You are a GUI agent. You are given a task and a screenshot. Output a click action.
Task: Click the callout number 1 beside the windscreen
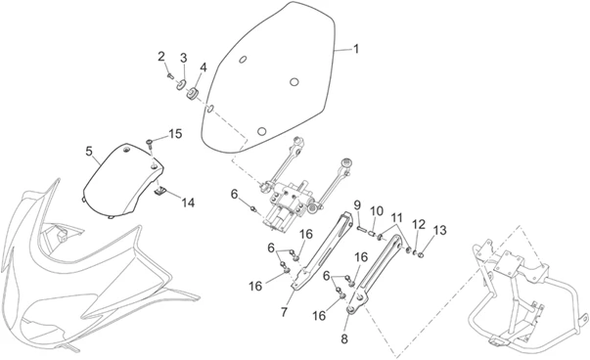pos(355,49)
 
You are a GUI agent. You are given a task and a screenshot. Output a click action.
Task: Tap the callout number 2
pos(161,57)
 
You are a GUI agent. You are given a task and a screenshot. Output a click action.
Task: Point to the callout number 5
pos(89,152)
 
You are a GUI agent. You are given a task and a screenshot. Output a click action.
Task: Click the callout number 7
pos(284,312)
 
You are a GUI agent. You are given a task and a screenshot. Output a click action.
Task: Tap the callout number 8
pos(344,338)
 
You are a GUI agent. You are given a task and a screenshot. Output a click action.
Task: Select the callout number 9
pos(357,205)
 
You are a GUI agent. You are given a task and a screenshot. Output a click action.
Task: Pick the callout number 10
pos(377,211)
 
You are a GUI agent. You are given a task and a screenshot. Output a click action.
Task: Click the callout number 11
pos(396,218)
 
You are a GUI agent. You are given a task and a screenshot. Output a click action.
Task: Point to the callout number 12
pos(419,225)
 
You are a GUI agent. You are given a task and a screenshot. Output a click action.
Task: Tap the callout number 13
pos(440,230)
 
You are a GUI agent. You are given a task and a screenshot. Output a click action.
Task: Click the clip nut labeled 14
pos(160,192)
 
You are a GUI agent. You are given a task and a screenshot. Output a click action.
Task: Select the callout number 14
pos(188,202)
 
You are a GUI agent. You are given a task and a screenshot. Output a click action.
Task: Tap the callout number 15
pos(175,134)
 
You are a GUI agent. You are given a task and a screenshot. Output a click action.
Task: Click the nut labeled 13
pos(421,255)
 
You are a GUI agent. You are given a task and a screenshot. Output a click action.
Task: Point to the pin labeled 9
pos(361,228)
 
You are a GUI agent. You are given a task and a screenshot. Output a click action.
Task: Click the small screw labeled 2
pos(170,76)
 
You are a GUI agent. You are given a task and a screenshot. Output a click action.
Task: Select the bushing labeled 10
pos(371,234)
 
